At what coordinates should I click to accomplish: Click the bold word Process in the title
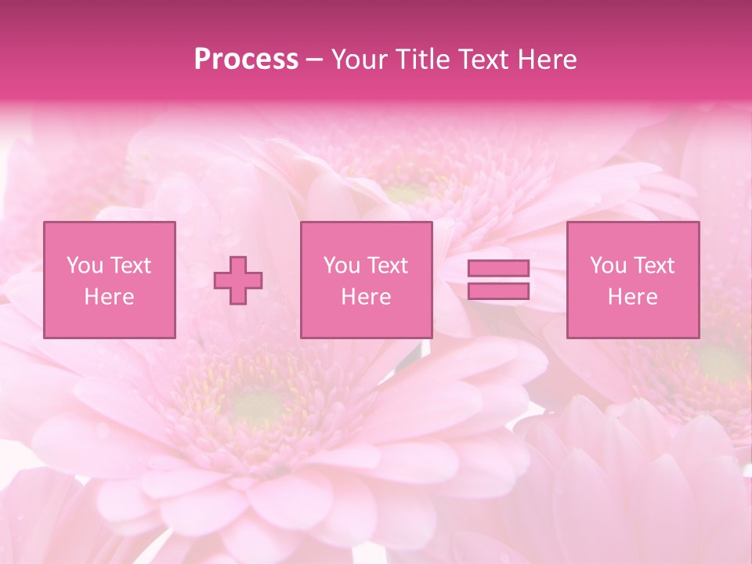(x=246, y=60)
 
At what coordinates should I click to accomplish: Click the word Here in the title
(x=548, y=60)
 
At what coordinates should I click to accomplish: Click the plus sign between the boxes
(x=239, y=280)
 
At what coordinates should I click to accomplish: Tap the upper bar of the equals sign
(x=498, y=269)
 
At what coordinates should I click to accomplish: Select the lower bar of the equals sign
(x=498, y=291)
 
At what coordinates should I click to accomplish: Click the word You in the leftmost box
(x=85, y=266)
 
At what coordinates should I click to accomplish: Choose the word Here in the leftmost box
(x=109, y=297)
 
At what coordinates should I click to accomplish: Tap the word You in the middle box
(x=342, y=266)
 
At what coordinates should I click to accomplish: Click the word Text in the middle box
(x=387, y=266)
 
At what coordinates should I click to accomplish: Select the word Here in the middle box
(x=366, y=297)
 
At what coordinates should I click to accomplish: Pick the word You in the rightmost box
(x=608, y=266)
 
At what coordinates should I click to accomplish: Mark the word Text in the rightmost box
(x=653, y=266)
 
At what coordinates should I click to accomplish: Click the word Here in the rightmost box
(x=632, y=297)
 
